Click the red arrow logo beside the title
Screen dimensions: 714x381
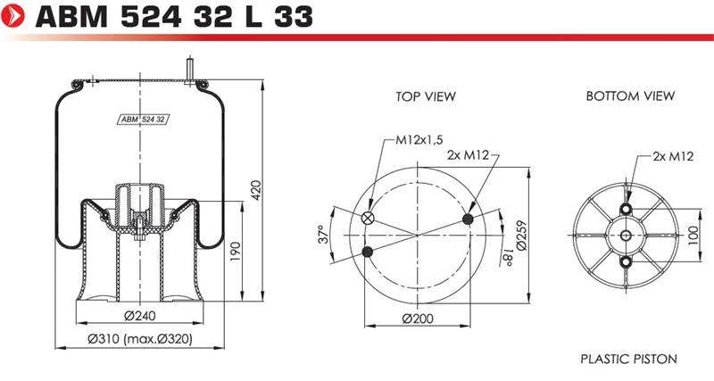click(x=13, y=15)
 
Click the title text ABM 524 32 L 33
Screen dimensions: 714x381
click(x=174, y=16)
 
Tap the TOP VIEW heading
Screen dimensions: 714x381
click(x=426, y=96)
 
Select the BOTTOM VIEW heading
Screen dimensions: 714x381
click(x=630, y=96)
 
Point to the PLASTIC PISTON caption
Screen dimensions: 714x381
click(x=629, y=359)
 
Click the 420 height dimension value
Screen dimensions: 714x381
click(x=256, y=190)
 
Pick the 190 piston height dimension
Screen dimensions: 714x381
click(x=236, y=252)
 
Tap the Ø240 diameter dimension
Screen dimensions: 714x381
click(x=140, y=315)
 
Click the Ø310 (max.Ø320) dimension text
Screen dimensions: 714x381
click(x=140, y=339)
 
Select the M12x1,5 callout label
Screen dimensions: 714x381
click(x=419, y=140)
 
